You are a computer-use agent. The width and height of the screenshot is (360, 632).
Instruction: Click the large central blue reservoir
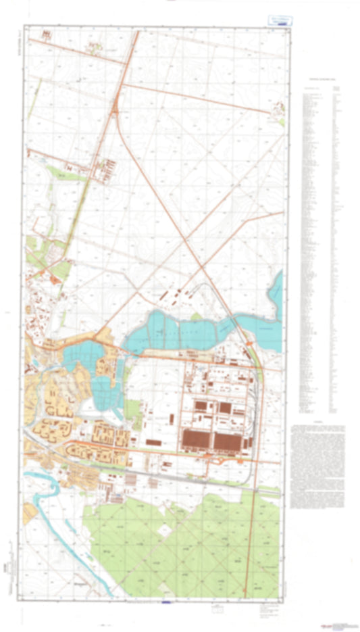click(182, 331)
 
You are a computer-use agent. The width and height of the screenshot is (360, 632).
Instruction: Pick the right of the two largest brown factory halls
click(228, 441)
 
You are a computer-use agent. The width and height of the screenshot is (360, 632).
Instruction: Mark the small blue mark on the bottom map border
click(167, 600)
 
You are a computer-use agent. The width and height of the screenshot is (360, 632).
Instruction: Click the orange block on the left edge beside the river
click(27, 514)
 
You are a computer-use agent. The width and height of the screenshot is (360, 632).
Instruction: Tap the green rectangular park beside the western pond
click(132, 409)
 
